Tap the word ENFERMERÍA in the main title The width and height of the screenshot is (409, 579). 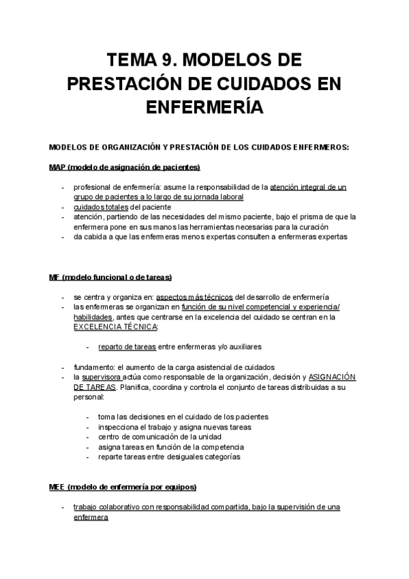pyautogui.click(x=204, y=107)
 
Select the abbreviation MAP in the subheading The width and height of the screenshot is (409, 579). pyautogui.click(x=59, y=167)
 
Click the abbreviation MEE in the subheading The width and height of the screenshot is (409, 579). pyautogui.click(x=58, y=487)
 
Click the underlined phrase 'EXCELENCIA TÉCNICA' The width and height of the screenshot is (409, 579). pyautogui.click(x=115, y=327)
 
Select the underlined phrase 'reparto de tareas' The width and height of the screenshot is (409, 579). pyautogui.click(x=127, y=347)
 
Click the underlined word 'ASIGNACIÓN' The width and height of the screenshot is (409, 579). pyautogui.click(x=333, y=377)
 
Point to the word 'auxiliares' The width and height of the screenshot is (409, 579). pyautogui.click(x=242, y=347)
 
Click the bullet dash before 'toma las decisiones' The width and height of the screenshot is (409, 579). pyautogui.click(x=89, y=417)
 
